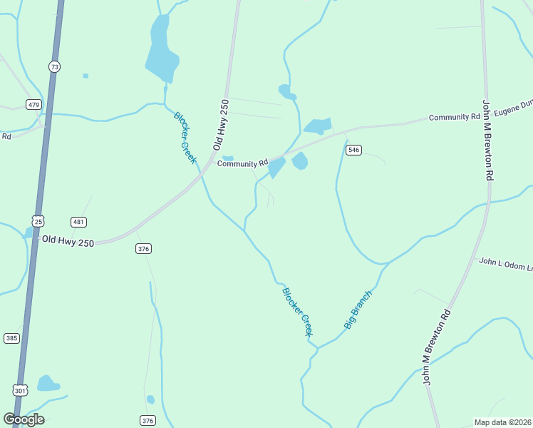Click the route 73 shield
point(55,66)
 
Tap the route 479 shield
point(33,104)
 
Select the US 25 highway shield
point(38,221)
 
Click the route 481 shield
point(79,222)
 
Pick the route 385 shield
point(11,338)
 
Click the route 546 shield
point(354,150)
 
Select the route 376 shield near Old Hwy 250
point(143,248)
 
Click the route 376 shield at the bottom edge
point(148,420)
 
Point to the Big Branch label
point(358,309)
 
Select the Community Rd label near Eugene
point(455,117)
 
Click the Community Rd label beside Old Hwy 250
point(242,163)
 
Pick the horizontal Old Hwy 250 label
point(68,242)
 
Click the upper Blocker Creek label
point(185,137)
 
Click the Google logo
point(24,419)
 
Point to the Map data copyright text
point(502,422)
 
